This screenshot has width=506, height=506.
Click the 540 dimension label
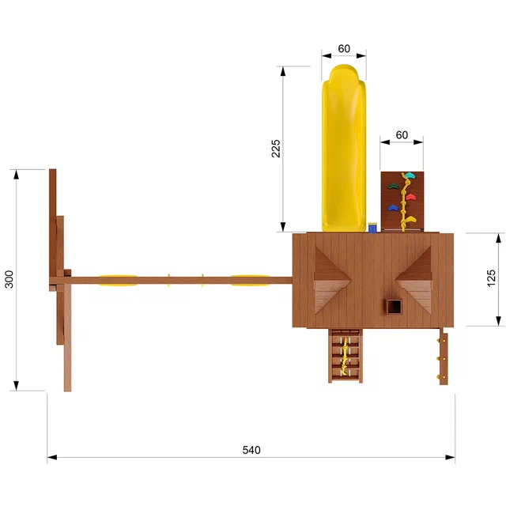[x=251, y=450]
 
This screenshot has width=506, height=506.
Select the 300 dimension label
[x=9, y=279]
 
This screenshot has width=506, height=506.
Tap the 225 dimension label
[x=276, y=149]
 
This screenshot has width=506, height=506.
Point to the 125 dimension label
[x=490, y=278]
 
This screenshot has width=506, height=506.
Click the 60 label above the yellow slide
[x=344, y=49]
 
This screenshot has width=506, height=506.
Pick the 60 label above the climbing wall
[x=402, y=135]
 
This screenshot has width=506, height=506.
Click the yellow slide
[x=344, y=148]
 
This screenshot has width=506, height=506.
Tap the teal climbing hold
[x=410, y=176]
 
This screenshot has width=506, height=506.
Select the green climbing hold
[x=394, y=186]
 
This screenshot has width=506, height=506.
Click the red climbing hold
[x=411, y=197]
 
